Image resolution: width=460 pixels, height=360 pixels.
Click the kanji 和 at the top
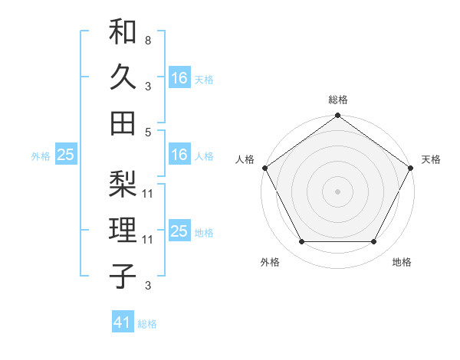point(123,31)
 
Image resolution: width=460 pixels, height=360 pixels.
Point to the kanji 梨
point(123,185)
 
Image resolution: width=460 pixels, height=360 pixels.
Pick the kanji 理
point(123,230)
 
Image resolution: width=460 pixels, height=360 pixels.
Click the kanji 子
point(123,274)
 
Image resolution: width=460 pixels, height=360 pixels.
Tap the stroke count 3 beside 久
point(147,85)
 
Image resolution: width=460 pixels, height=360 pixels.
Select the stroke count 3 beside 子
point(147,286)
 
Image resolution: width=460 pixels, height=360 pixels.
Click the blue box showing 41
point(123,322)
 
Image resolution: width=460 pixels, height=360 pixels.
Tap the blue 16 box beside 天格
point(179,77)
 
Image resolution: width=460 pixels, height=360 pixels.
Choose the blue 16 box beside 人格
point(179,155)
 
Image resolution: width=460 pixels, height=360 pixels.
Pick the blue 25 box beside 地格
point(179,231)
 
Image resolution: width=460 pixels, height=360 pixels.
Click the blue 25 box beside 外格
point(65,155)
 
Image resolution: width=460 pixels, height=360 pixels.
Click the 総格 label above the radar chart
point(337,100)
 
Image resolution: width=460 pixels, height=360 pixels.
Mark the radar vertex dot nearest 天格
point(411,167)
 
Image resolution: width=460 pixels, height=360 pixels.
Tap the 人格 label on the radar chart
point(245,159)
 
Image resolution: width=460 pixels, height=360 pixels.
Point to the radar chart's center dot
point(337,191)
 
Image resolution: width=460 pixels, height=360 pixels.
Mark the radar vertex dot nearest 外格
point(301,242)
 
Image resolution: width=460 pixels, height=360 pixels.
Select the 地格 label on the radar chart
point(402,263)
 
